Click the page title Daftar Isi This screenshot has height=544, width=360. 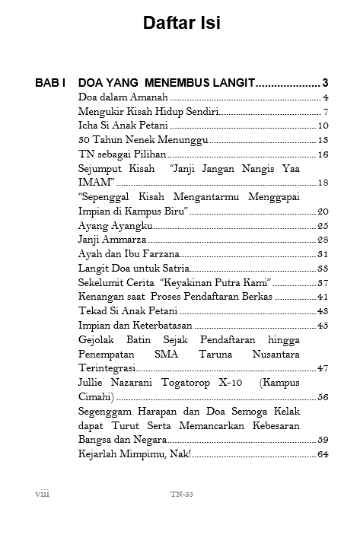(x=181, y=24)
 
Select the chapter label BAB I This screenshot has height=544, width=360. (x=53, y=82)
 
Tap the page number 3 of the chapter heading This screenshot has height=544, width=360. (x=325, y=82)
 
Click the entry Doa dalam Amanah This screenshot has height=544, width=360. (x=123, y=97)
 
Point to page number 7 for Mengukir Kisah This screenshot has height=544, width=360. (x=325, y=112)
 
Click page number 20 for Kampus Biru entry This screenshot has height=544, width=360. (x=323, y=211)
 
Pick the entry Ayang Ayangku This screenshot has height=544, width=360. (x=115, y=225)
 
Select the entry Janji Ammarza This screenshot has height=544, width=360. (x=113, y=240)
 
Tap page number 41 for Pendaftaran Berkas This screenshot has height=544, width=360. (x=323, y=296)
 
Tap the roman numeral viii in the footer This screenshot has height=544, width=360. (x=43, y=493)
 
